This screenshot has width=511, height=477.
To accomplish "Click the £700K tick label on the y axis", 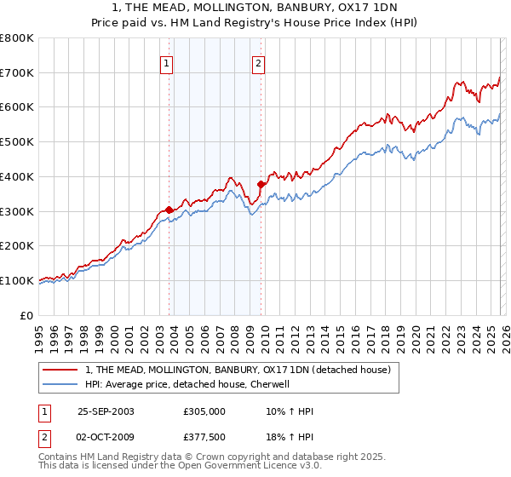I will pos(17,72).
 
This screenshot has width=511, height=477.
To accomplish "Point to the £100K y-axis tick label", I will pos(17,280).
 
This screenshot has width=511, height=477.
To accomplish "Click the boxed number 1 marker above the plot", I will pos(167,62).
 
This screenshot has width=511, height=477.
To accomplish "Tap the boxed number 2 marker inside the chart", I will pos(258,62).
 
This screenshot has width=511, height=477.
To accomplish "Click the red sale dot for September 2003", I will pos(169,210).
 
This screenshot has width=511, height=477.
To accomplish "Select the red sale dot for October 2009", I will pos(261,184).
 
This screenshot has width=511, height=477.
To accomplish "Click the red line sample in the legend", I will pos(60,371).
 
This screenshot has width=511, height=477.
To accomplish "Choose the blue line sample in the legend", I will pos(60,384).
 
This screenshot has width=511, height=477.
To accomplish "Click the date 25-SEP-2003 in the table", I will pos(106,411).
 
